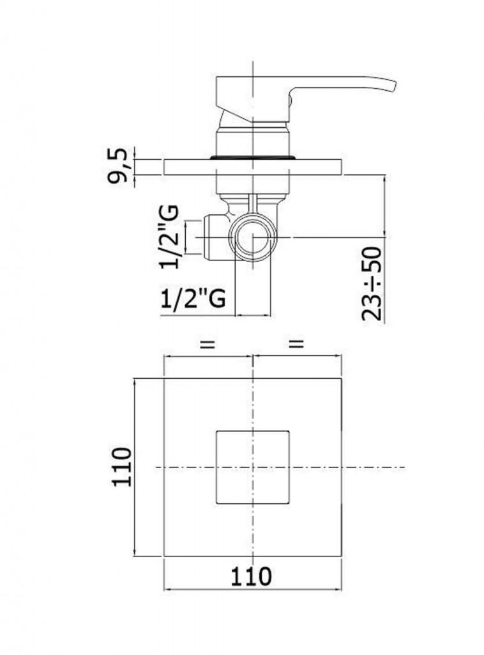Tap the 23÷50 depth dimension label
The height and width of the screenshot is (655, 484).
pyautogui.click(x=372, y=284)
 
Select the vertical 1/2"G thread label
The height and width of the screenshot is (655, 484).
pyautogui.click(x=169, y=237)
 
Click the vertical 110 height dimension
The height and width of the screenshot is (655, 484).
pyautogui.click(x=122, y=466)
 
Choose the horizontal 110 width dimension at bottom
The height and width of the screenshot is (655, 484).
pyautogui.click(x=251, y=576)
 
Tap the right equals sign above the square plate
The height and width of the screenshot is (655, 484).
pyautogui.click(x=296, y=343)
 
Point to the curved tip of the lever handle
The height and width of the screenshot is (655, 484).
pyautogui.click(x=392, y=85)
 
